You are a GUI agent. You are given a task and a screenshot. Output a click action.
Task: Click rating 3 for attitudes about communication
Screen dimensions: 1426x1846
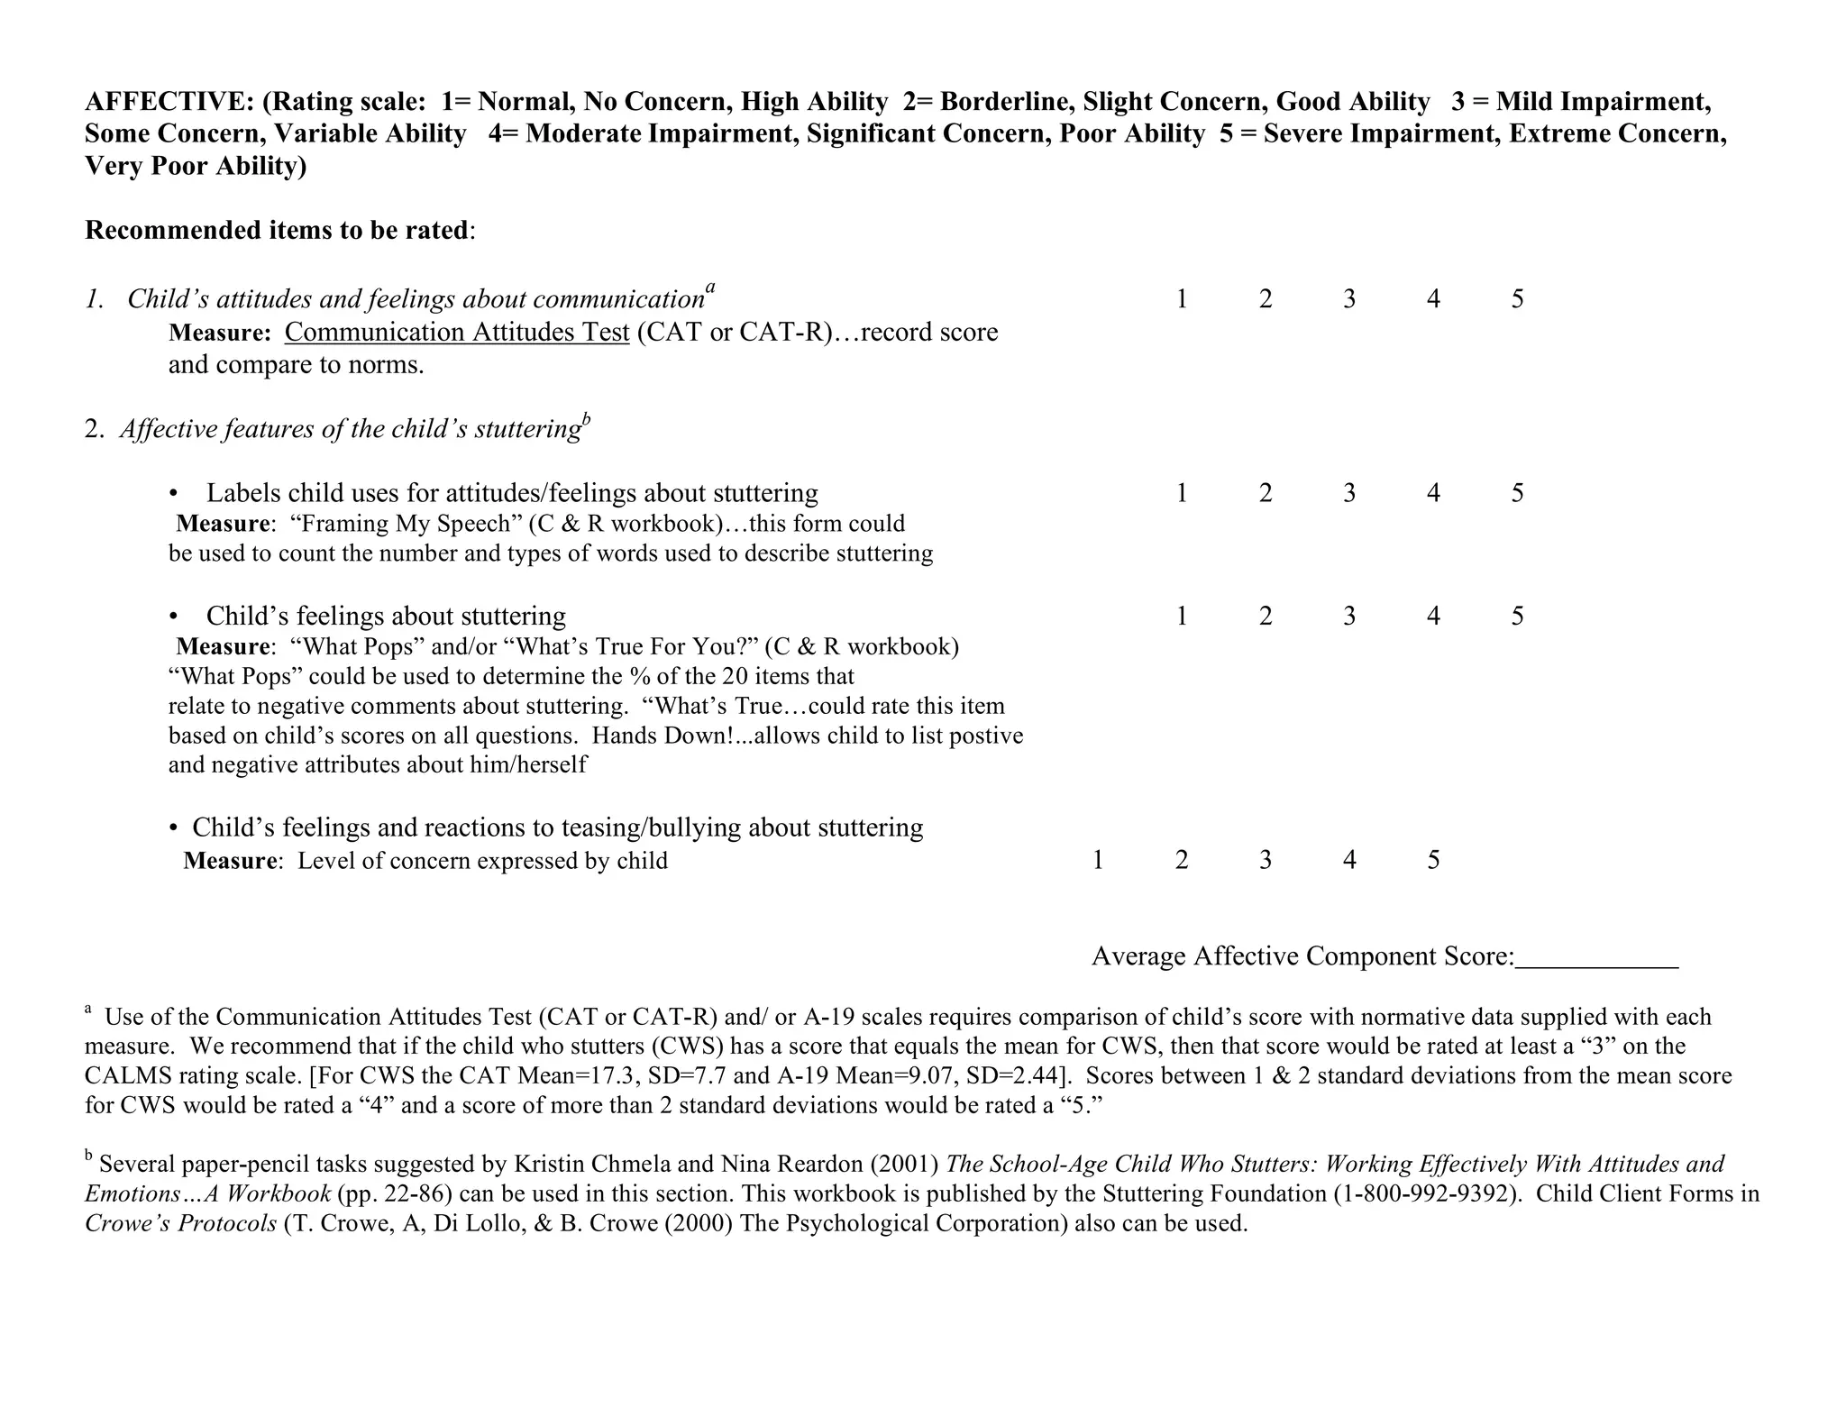coord(1348,299)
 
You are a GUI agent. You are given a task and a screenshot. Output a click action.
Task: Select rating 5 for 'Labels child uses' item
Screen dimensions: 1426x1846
coord(1517,493)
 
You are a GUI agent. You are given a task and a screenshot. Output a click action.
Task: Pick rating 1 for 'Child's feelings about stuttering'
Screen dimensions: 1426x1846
coord(1181,617)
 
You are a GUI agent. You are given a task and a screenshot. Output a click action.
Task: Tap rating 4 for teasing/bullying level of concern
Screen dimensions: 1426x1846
coord(1348,860)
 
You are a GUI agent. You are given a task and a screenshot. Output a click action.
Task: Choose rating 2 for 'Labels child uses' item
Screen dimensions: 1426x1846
coord(1265,493)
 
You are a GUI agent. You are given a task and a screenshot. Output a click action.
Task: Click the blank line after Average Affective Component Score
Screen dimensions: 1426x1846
coord(1596,957)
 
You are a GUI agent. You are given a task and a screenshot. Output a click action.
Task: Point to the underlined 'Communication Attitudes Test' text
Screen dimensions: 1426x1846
coord(456,333)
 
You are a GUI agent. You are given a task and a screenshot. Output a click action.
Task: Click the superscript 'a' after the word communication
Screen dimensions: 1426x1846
coord(710,288)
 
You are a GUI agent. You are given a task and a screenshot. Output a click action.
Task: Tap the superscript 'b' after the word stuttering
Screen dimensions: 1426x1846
coord(586,417)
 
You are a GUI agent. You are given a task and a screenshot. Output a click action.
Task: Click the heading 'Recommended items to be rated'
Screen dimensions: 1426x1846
coord(277,231)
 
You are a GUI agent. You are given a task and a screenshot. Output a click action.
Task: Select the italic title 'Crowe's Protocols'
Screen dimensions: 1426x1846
coord(180,1223)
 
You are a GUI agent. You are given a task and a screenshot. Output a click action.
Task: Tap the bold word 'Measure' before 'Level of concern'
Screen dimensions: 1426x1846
coord(230,861)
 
